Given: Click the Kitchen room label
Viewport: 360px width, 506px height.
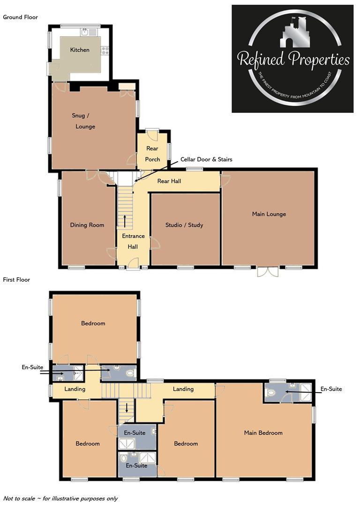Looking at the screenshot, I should [80, 50].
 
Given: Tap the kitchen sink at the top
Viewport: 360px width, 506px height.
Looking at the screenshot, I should [85, 32].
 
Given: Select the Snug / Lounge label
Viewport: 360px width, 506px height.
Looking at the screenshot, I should [84, 121].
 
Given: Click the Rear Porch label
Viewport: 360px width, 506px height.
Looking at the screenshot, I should [152, 154].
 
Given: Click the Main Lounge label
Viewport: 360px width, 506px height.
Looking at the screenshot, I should [269, 214].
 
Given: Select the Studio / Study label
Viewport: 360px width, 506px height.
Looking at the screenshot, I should [184, 225].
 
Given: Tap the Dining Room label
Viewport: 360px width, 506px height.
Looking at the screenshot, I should [87, 225].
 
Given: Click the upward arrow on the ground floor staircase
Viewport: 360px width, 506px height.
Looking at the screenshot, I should [125, 220].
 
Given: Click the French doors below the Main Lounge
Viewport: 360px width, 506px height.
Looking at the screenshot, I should [268, 272].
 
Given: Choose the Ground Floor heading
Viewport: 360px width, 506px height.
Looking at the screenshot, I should [21, 17].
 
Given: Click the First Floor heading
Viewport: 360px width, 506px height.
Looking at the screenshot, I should [17, 280].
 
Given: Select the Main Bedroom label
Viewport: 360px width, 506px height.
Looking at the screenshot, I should [263, 433].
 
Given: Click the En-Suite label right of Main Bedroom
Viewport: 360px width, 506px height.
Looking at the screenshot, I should [331, 389].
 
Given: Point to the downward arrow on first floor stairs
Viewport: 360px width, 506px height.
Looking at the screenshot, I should [126, 406].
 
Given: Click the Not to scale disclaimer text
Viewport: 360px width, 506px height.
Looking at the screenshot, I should [60, 499].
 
